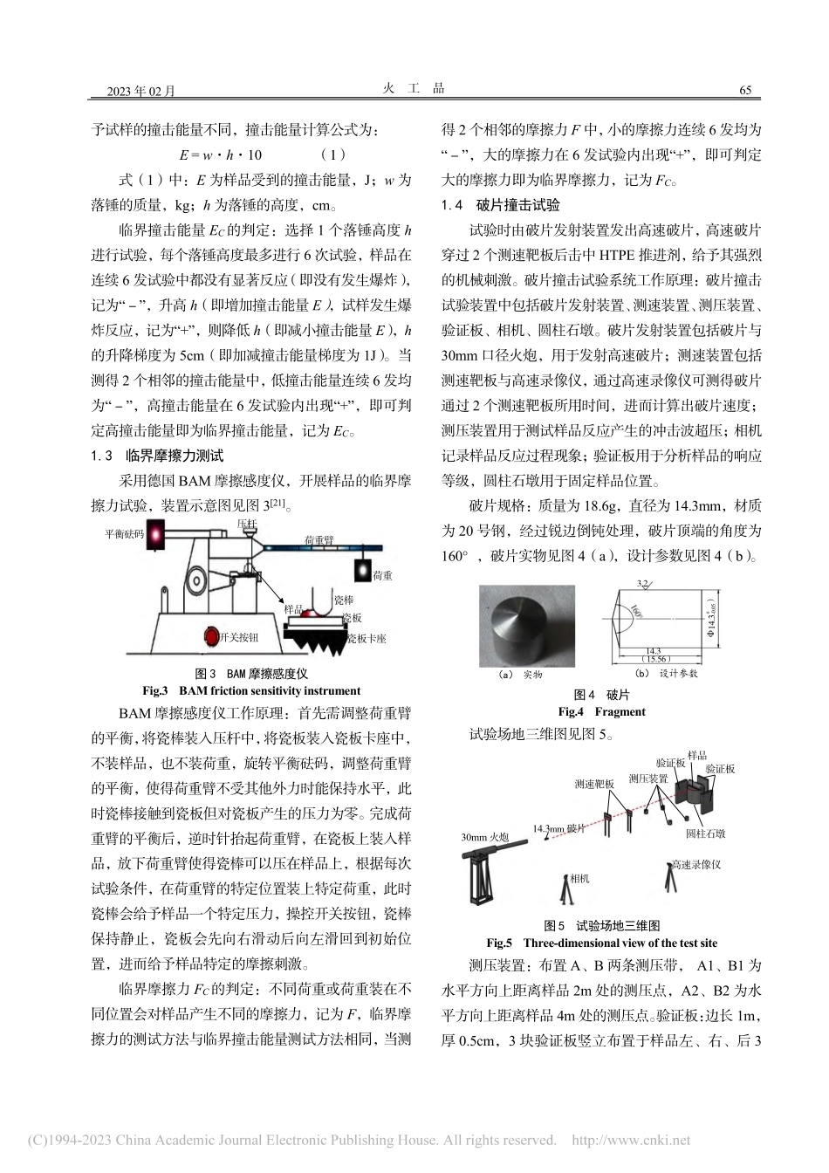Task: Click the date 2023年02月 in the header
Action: [140, 91]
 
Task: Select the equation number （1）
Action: [333, 155]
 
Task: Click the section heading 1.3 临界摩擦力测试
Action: [157, 456]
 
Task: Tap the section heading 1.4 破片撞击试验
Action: [501, 205]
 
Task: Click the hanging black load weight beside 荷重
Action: [361, 570]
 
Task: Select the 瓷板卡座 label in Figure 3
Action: [367, 638]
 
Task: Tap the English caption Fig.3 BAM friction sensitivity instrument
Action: [251, 690]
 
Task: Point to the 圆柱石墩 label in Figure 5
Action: [705, 833]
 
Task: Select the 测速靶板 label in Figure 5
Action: [595, 783]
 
